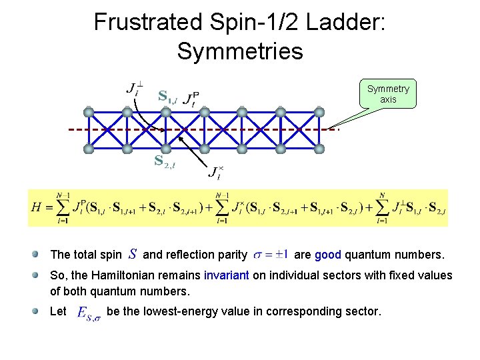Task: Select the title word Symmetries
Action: (x=240, y=51)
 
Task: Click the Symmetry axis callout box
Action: (x=388, y=94)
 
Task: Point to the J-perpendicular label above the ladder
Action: (x=134, y=89)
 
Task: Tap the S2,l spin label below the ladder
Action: (x=164, y=161)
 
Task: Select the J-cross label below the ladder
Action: (x=215, y=173)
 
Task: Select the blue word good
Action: (x=328, y=254)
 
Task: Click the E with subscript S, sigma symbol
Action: (x=89, y=313)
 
